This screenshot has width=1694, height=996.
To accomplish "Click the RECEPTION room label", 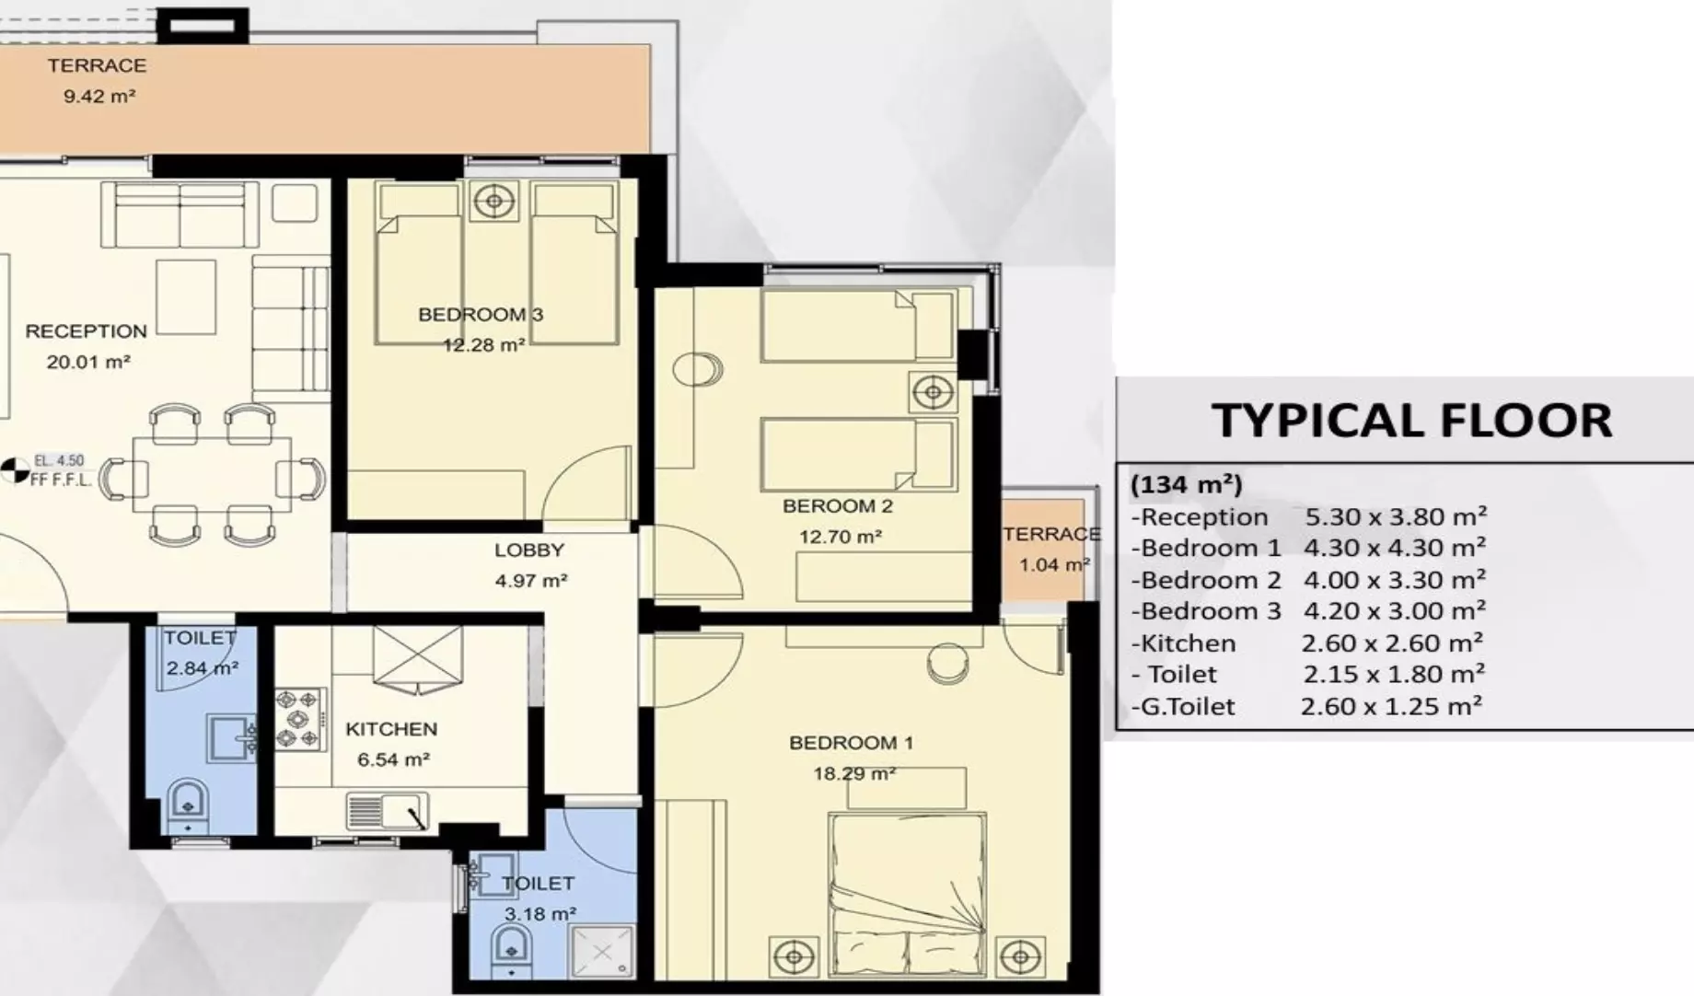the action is click(86, 331).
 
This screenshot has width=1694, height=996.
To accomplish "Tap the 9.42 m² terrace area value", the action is click(99, 96).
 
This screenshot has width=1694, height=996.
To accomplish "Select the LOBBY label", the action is click(528, 550).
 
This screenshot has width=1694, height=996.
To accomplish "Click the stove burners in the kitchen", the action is click(300, 719).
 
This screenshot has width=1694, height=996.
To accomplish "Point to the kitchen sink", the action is click(388, 811).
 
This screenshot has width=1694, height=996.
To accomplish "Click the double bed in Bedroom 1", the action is click(907, 894).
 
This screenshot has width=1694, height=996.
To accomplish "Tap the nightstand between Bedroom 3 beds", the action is click(494, 201).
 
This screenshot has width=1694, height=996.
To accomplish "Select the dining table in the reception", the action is click(212, 475).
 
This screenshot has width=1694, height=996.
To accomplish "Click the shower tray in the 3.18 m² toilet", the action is click(602, 951).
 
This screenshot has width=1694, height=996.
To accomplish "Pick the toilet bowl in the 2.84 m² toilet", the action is click(188, 805).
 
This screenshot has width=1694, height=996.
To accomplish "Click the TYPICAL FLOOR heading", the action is click(1411, 421).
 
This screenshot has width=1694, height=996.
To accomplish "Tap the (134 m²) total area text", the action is click(1187, 484).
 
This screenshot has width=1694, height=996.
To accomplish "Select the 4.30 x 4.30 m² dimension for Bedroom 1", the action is click(1394, 548).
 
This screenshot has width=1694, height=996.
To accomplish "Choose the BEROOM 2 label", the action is click(838, 506).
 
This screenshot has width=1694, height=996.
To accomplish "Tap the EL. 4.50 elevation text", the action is click(59, 460).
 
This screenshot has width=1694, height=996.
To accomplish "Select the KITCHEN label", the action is click(391, 729).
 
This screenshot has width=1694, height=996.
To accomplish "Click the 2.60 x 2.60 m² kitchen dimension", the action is click(1392, 643).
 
